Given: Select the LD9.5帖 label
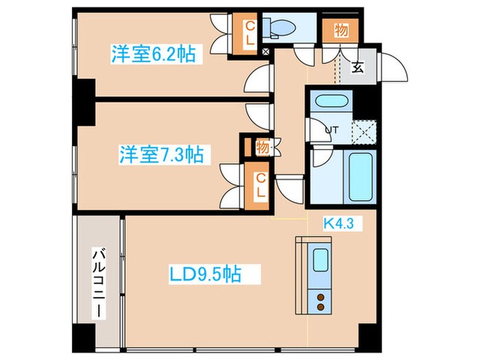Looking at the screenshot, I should coord(205,274).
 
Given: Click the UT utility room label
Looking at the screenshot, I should coord(331,129).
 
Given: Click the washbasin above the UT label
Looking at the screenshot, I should coord(331,104).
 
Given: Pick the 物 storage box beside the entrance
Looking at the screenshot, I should coord(340,30).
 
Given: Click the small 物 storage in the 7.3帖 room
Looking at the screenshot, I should coord(261,147).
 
